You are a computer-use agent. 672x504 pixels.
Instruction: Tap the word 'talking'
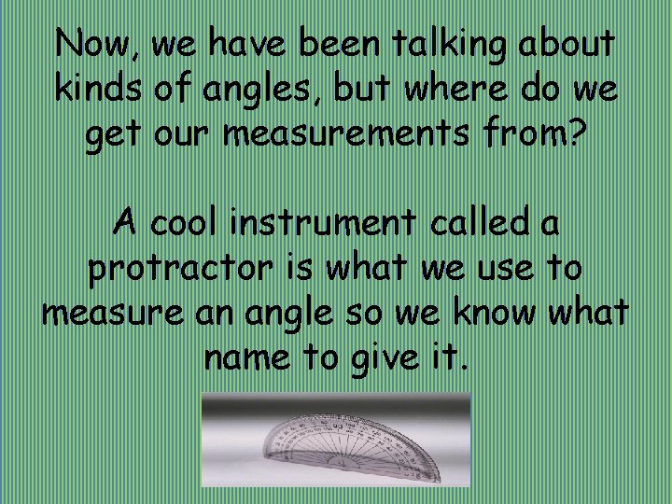point(447,44)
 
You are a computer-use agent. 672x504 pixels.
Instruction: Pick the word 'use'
point(508,271)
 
